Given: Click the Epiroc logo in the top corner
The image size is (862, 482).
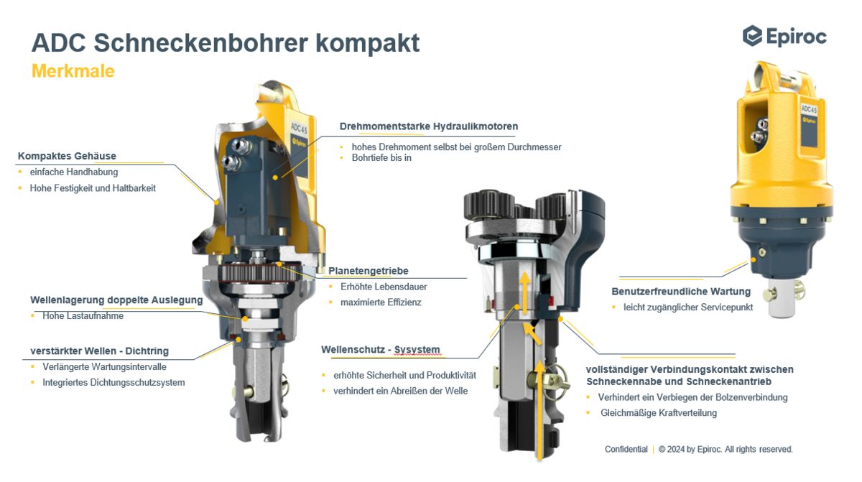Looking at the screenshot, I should pyautogui.click(x=784, y=36).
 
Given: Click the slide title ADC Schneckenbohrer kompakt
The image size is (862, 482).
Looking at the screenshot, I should pyautogui.click(x=225, y=43).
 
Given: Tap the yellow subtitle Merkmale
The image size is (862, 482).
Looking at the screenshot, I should pyautogui.click(x=73, y=72).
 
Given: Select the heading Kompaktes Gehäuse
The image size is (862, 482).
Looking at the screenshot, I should pyautogui.click(x=67, y=156).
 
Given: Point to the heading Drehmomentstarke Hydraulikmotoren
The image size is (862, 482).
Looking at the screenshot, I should pyautogui.click(x=428, y=126).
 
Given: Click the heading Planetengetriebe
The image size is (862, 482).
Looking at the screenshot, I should pyautogui.click(x=369, y=271).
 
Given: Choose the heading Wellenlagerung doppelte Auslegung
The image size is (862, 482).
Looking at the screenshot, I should pyautogui.click(x=116, y=300).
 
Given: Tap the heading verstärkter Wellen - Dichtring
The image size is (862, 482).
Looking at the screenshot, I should pyautogui.click(x=99, y=351).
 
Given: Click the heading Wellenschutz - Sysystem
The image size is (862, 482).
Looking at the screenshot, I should pyautogui.click(x=380, y=350).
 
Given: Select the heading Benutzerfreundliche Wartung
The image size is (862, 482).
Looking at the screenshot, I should pyautogui.click(x=681, y=292).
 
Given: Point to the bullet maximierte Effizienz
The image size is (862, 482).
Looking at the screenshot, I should pyautogui.click(x=381, y=302).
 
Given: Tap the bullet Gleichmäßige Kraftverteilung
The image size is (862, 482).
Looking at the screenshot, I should pyautogui.click(x=659, y=413).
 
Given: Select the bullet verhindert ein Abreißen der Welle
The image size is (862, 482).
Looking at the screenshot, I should pyautogui.click(x=400, y=391).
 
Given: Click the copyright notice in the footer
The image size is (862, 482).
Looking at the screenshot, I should pyautogui.click(x=726, y=449).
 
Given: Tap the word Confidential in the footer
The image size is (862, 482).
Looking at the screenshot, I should pyautogui.click(x=626, y=449).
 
